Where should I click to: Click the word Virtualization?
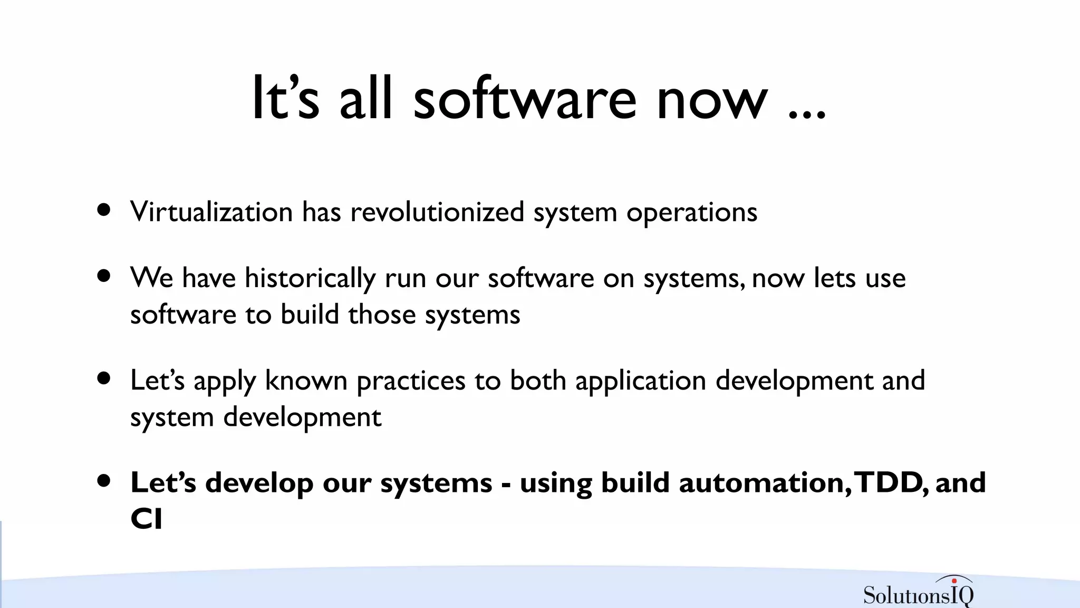click(211, 212)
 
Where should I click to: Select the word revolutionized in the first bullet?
click(437, 212)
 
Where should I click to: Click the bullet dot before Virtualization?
click(104, 210)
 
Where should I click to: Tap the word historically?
click(310, 278)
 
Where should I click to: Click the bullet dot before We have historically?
click(104, 275)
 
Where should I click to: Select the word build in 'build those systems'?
click(310, 315)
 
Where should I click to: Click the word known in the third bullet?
click(306, 381)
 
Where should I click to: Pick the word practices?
click(411, 382)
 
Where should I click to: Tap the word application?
click(640, 382)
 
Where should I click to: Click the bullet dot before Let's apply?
click(104, 378)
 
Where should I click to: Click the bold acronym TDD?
click(888, 483)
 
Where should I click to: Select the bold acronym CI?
click(146, 519)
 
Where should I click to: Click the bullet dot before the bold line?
click(104, 481)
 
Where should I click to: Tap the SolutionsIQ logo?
click(918, 593)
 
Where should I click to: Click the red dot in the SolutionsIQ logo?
click(954, 581)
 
